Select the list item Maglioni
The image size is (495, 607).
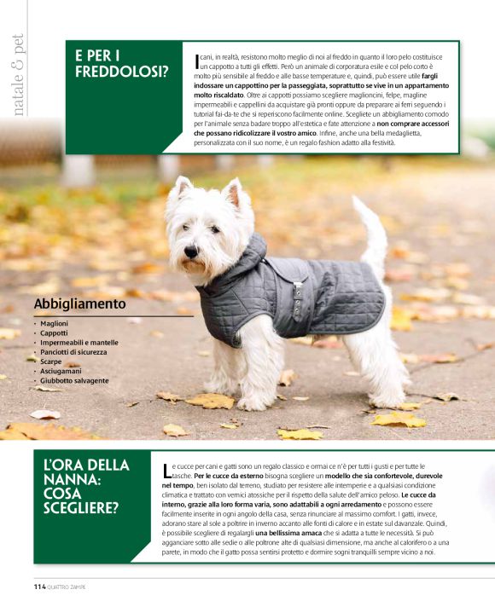pyautogui.click(x=55, y=323)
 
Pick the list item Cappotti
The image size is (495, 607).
pyautogui.click(x=54, y=333)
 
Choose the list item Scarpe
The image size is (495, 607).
pyautogui.click(x=51, y=361)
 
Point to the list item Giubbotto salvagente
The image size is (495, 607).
pyautogui.click(x=74, y=380)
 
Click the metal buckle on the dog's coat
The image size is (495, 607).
pyautogui.click(x=300, y=292)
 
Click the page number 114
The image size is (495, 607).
pyautogui.click(x=39, y=587)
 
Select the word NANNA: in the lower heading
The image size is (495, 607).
pyautogui.click(x=73, y=481)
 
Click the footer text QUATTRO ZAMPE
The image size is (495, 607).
pyautogui.click(x=73, y=587)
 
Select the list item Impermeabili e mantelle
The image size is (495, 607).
pyautogui.click(x=79, y=343)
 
